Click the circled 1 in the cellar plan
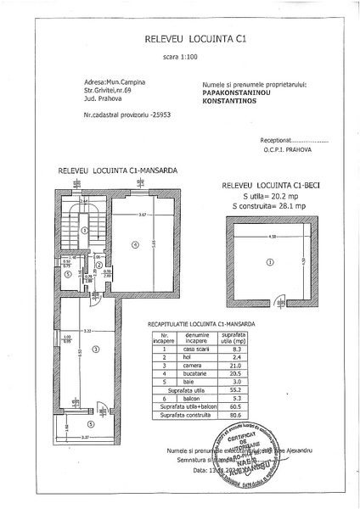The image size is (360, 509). click(x=270, y=262)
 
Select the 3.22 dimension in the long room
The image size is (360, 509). click(x=87, y=330)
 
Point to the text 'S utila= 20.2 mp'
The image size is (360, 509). click(x=263, y=195)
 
